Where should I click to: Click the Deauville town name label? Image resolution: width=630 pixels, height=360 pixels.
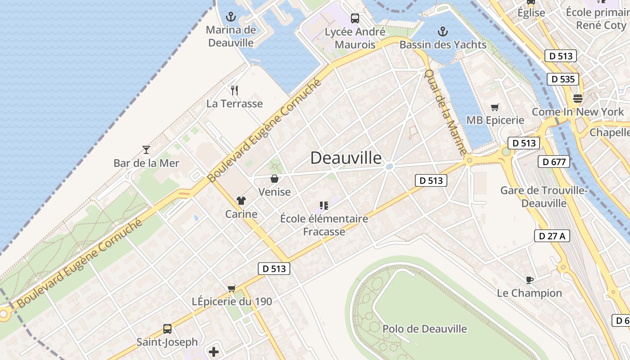346,158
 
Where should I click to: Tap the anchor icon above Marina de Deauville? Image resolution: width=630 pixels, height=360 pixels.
230,18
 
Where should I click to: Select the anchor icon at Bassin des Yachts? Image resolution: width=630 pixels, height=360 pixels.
443,31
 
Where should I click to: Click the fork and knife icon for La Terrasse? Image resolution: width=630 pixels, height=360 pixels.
234,90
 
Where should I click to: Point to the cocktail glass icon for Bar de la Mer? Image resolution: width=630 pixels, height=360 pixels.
146,150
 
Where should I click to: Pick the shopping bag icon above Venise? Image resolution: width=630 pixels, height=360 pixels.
274,179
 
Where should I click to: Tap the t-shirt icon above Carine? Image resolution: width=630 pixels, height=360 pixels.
241,201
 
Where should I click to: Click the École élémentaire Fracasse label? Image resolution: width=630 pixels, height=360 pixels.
324,225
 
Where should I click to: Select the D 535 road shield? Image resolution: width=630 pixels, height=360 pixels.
563,79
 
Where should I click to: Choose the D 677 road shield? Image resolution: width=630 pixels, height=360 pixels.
554,162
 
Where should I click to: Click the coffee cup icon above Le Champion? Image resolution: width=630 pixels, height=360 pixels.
530,280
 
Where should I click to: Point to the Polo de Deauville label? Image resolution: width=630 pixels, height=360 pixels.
424,329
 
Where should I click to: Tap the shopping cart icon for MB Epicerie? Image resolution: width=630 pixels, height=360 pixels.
495,107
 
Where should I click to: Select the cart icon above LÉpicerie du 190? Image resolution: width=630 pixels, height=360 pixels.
232,288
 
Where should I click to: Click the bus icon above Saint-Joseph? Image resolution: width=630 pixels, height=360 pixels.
167,329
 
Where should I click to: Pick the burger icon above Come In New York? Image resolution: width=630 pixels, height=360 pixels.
578,98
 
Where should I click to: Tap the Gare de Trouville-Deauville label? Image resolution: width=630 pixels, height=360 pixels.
544,197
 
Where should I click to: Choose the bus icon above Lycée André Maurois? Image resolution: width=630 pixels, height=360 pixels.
355,18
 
